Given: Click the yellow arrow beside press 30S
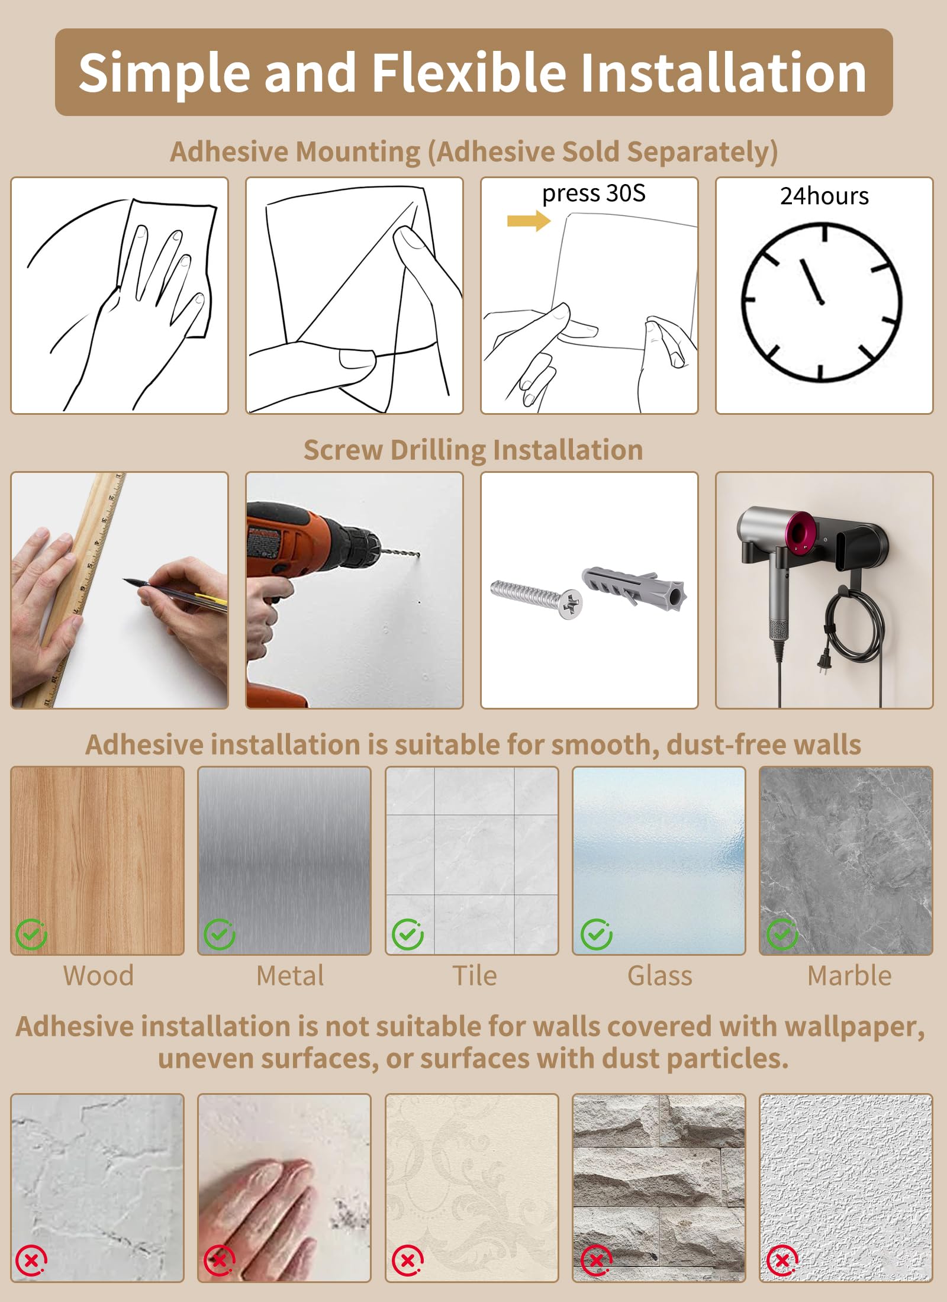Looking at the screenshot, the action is click(x=529, y=221).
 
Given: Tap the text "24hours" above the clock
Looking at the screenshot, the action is click(x=824, y=196).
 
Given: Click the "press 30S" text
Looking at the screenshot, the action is click(x=594, y=194).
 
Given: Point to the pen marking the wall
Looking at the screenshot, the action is click(x=175, y=592).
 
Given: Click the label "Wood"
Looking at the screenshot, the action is click(x=98, y=976).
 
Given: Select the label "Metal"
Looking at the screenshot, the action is click(x=290, y=976).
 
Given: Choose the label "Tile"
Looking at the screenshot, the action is click(x=474, y=976).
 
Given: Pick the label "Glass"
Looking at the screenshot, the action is click(x=659, y=976).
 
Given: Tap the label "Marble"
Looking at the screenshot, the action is click(x=849, y=976).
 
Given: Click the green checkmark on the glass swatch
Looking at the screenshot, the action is click(x=596, y=934).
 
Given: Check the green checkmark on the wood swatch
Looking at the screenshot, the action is click(x=31, y=934).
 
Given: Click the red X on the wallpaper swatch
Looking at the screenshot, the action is click(x=408, y=1261).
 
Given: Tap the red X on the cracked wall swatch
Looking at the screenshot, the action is click(x=31, y=1261).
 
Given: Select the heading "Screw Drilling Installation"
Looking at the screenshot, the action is click(x=473, y=450).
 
